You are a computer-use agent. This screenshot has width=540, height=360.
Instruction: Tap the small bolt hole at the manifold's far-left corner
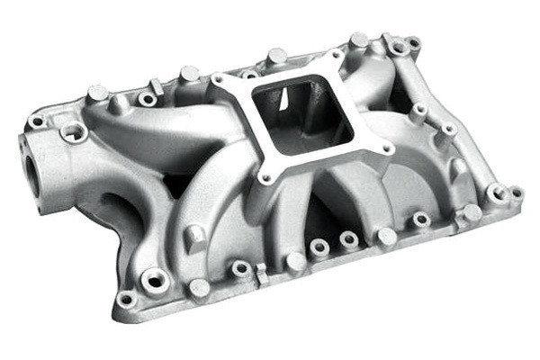(x=37, y=121)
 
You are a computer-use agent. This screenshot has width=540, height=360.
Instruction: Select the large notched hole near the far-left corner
(x=74, y=132)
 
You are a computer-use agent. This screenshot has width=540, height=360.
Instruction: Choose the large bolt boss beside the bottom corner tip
(x=156, y=281)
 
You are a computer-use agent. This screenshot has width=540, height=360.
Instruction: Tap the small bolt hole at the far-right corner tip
(x=517, y=193)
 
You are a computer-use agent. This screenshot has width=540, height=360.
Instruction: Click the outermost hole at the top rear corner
(x=414, y=42)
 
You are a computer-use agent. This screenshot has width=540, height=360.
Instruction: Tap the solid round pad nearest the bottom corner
(x=199, y=288)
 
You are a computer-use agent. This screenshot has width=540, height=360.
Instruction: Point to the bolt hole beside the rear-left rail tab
(x=146, y=98)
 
